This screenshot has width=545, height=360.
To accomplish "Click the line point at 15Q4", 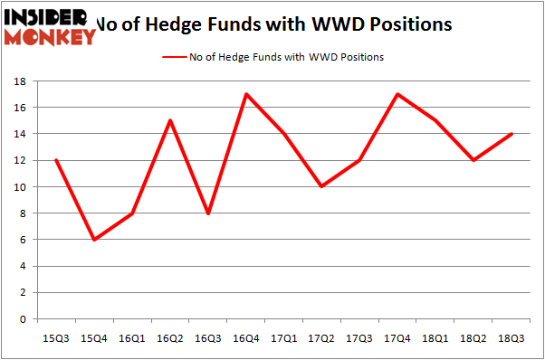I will [94, 240].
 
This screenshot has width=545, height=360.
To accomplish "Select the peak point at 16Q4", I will [245, 94].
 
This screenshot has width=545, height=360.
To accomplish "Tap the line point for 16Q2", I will [169, 120].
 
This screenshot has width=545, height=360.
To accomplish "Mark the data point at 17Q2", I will [321, 187].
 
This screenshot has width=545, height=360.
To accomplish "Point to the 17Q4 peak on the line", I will [397, 94].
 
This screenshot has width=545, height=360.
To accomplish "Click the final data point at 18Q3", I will [511, 134].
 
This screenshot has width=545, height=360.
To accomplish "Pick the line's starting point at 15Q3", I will [56, 160].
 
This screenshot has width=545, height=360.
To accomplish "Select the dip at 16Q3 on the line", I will [207, 213].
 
